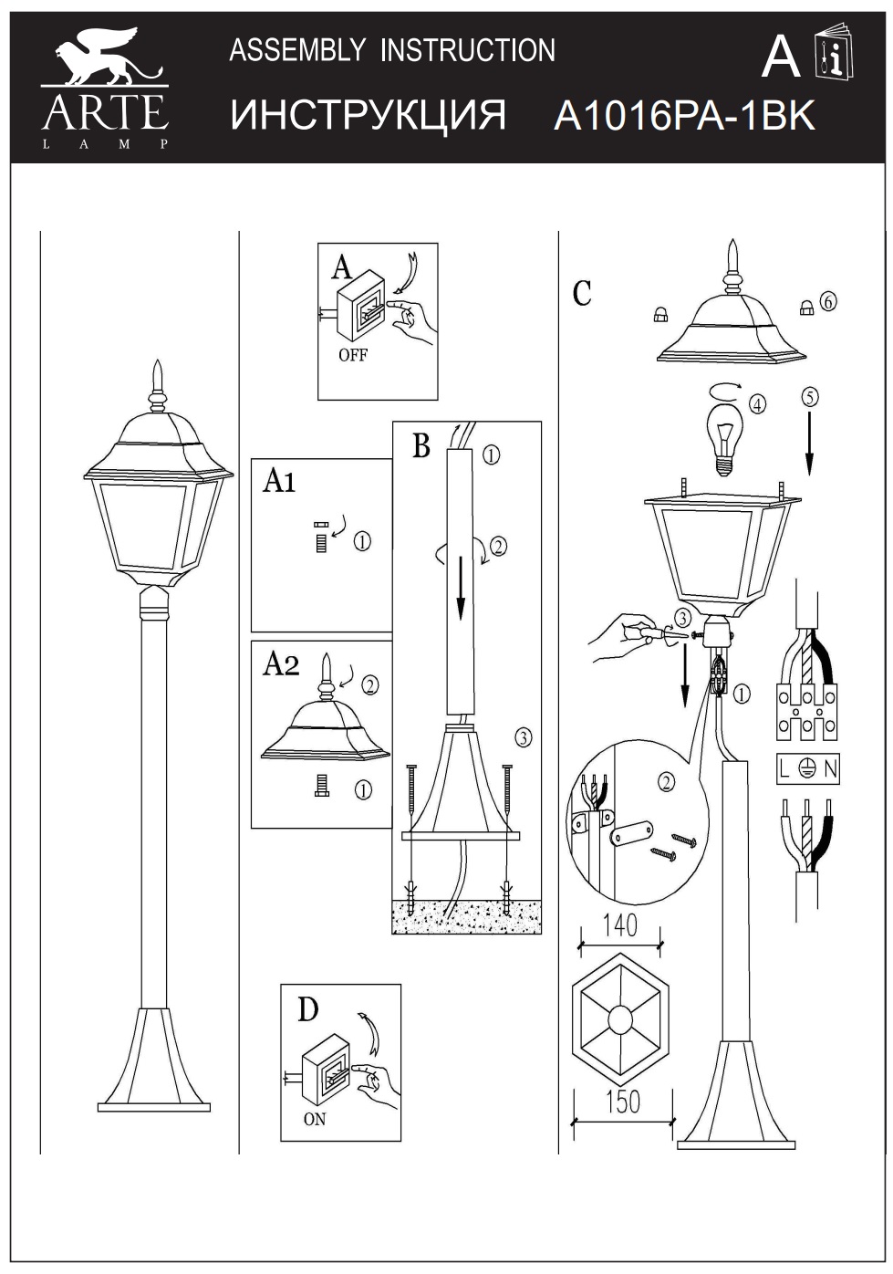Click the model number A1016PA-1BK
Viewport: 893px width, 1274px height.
point(683,117)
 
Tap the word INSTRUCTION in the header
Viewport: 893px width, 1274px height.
point(467,50)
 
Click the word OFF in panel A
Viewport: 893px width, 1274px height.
point(352,355)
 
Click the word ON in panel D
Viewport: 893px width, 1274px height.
point(314,1120)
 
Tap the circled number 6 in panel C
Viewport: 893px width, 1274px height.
point(827,300)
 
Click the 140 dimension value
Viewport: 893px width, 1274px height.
point(620,927)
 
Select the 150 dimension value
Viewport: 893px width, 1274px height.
point(624,1102)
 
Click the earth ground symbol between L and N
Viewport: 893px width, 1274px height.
point(805,769)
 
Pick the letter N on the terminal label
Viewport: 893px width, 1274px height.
point(830,769)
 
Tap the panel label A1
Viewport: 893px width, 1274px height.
point(279,480)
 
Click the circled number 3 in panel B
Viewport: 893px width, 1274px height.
point(524,736)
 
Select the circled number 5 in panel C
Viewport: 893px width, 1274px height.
point(810,396)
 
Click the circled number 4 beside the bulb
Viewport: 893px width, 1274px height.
point(757,403)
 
